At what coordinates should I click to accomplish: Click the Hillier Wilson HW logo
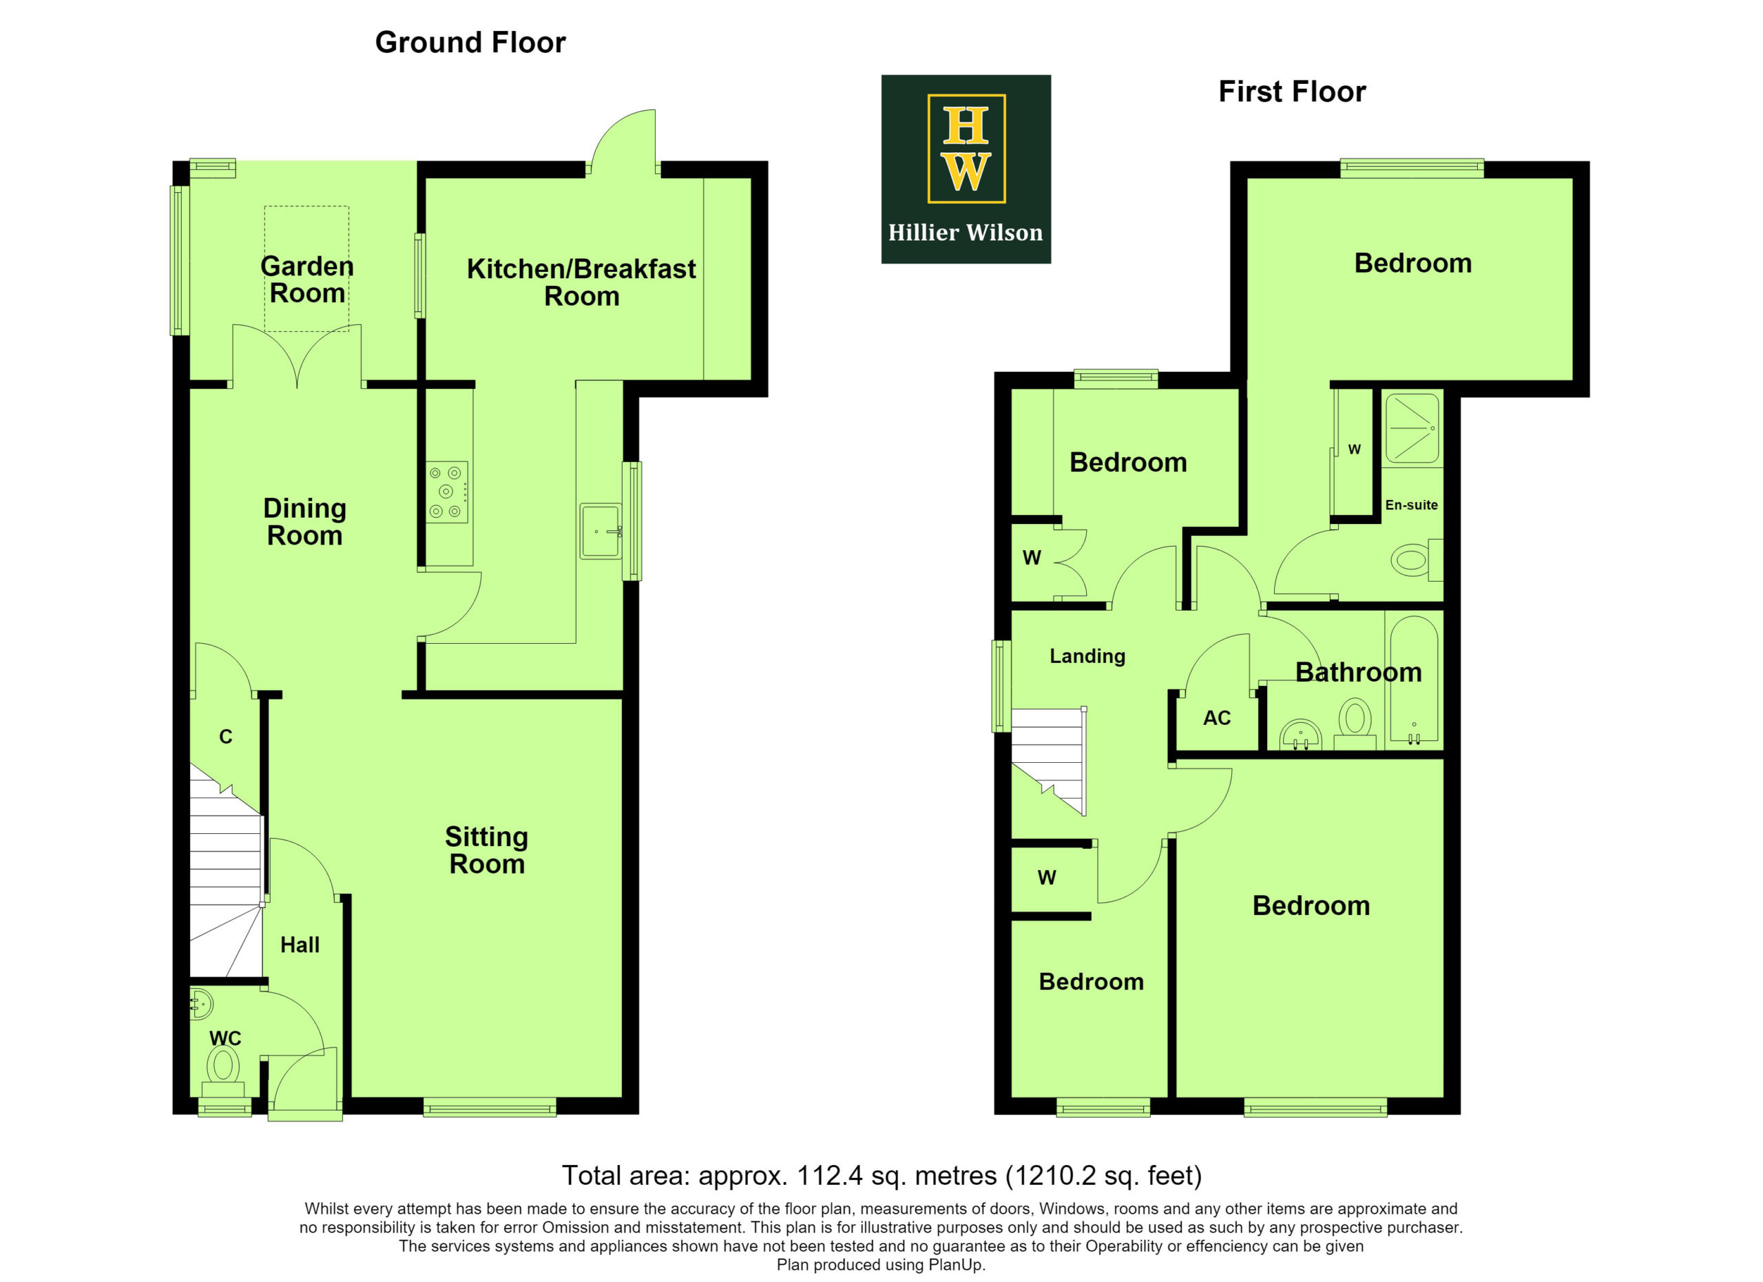[x=966, y=169]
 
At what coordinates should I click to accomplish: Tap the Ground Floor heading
[x=470, y=43]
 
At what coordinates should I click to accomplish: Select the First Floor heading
[x=1292, y=92]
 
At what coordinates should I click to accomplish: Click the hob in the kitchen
[x=447, y=492]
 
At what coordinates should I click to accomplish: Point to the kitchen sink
[x=601, y=531]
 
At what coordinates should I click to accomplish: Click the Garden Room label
[x=308, y=280]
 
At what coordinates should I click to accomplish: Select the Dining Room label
[x=304, y=522]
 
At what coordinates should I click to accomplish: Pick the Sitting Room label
[x=487, y=851]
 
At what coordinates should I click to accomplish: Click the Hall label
[x=300, y=945]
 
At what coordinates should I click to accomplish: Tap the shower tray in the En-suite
[x=1412, y=429]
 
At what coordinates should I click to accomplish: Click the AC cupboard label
[x=1218, y=718]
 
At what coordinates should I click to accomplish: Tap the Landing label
[x=1087, y=657]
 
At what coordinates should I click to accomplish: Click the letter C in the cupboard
[x=226, y=737]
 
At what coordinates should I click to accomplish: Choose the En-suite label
[x=1412, y=505]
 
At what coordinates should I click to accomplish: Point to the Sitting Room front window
[x=490, y=1107]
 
